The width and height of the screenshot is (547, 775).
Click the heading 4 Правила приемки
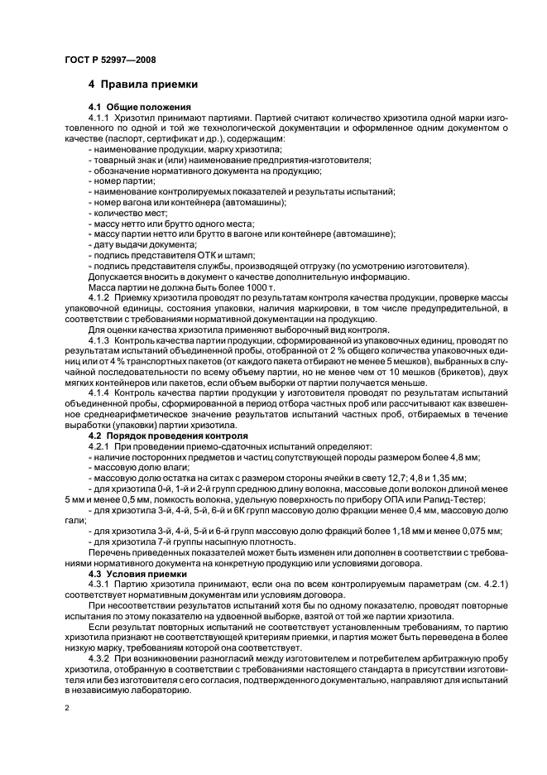click(143, 84)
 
